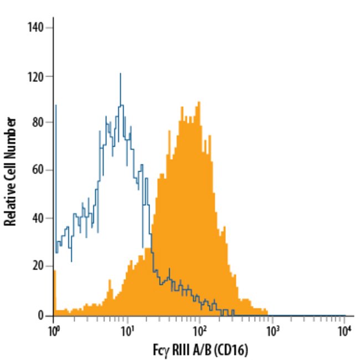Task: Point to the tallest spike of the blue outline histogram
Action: (x=120, y=74)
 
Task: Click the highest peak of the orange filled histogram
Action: (x=198, y=102)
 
